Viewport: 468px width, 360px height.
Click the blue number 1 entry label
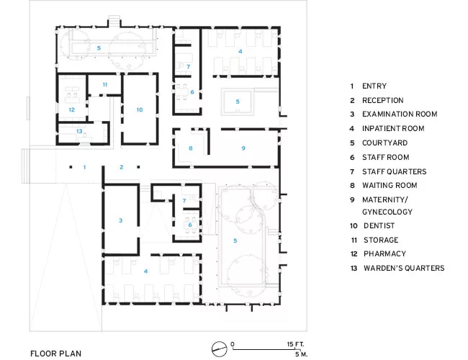coord(85,167)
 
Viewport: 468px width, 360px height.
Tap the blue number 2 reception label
coord(122,167)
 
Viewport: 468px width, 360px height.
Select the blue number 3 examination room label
coord(120,220)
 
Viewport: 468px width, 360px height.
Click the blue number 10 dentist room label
coord(140,110)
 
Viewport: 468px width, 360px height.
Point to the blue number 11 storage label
coord(105,85)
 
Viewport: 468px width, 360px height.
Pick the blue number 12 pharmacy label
coord(71,110)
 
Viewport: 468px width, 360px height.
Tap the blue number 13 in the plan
coord(79,131)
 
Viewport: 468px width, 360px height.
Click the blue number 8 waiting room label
coord(191,148)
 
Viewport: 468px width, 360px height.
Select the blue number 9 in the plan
coord(243,148)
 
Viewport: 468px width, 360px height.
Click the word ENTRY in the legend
coord(374,86)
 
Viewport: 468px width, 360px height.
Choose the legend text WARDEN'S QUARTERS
coord(404,268)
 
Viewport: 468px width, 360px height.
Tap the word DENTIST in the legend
coord(379,225)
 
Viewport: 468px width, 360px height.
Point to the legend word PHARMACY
coord(384,253)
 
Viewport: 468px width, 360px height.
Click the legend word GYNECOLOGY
coord(387,212)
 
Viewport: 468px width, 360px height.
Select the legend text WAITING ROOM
coord(390,185)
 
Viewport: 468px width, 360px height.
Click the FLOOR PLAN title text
coord(56,354)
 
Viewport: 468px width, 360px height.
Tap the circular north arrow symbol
coord(219,349)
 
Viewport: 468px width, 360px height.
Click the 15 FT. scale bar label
coord(295,344)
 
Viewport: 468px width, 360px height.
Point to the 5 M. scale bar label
coord(301,354)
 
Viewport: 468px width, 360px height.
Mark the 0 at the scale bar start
coord(233,344)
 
